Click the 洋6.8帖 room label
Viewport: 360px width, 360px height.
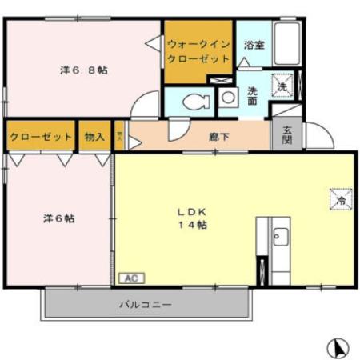(83, 70)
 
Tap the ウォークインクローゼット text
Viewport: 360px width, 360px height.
(198, 52)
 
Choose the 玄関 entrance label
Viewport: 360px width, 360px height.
(287, 137)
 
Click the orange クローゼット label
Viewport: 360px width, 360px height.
(41, 137)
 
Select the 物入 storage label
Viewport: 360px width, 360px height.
(94, 137)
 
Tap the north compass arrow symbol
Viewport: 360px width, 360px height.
(339, 347)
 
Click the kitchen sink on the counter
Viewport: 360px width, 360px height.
(280, 237)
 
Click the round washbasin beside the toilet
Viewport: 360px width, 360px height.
(226, 98)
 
